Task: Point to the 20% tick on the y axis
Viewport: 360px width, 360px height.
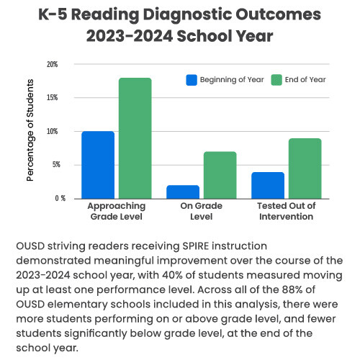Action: click(x=52, y=64)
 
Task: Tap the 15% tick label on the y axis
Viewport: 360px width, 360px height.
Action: click(x=52, y=98)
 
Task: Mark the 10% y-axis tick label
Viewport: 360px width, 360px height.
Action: click(x=52, y=131)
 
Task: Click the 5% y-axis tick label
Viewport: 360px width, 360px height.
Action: click(x=53, y=165)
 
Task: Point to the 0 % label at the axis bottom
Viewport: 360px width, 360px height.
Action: click(x=52, y=198)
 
